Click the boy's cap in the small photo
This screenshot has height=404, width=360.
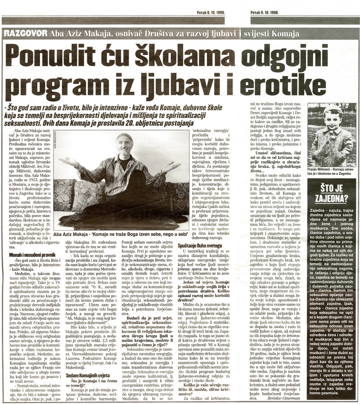[x=333, y=110]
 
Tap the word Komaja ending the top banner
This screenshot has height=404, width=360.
[x=286, y=35]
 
